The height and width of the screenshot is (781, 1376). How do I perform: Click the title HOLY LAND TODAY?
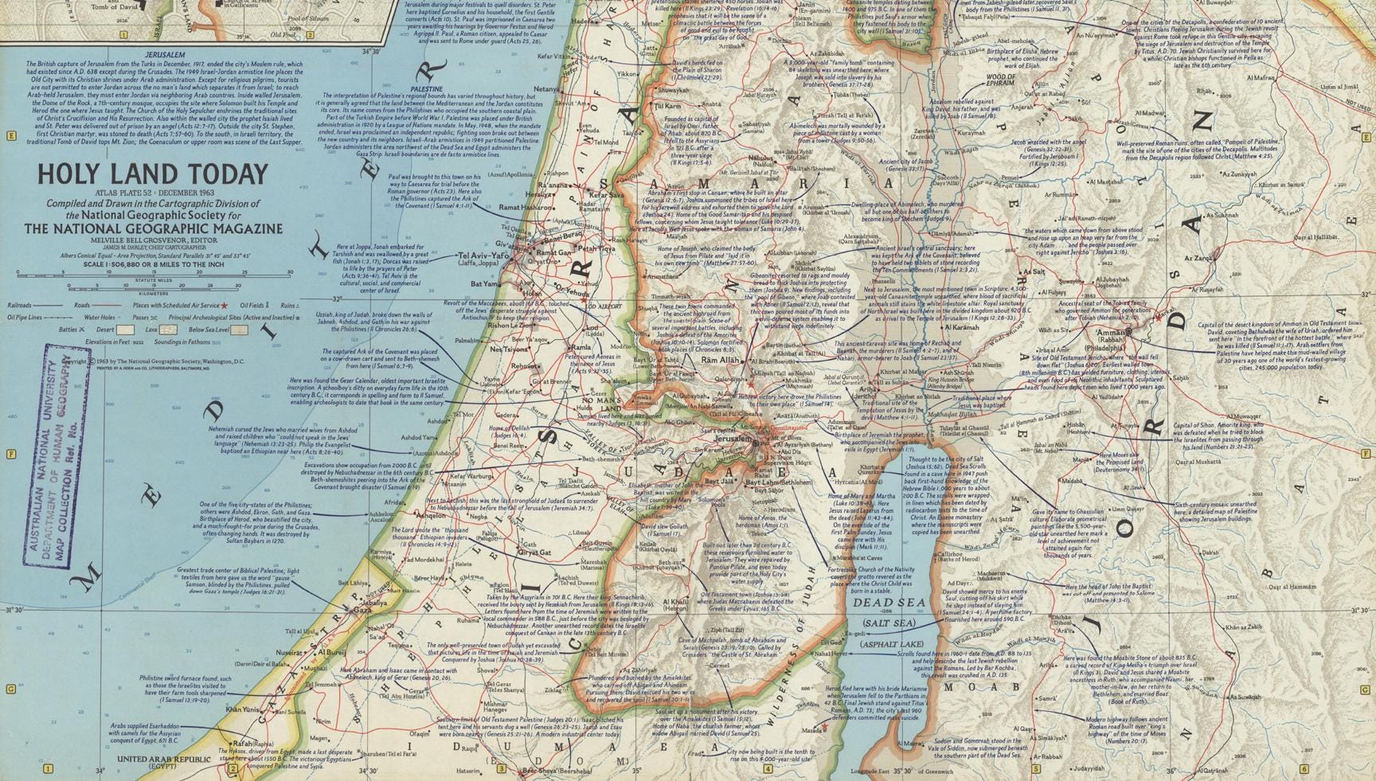(x=154, y=174)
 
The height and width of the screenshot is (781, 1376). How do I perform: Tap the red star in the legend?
(x=224, y=306)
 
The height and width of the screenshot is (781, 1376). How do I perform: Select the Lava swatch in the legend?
(x=168, y=330)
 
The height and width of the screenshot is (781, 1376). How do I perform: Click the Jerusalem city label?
(x=733, y=439)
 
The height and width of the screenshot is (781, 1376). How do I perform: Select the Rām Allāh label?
(x=721, y=360)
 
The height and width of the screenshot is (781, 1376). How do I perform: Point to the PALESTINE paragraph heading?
(x=427, y=89)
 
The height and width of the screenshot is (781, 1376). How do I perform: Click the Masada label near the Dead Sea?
(x=811, y=730)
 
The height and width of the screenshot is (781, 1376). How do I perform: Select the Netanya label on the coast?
(x=546, y=89)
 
